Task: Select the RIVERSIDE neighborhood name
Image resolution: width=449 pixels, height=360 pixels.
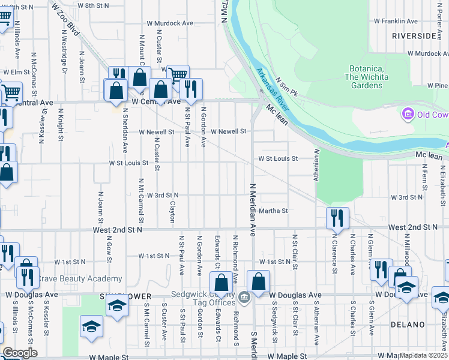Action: [x=414, y=36]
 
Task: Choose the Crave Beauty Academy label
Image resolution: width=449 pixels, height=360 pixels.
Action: [x=80, y=279]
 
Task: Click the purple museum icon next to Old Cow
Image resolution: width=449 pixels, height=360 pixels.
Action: [x=408, y=113]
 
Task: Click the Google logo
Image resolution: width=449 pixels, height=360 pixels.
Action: [x=20, y=353]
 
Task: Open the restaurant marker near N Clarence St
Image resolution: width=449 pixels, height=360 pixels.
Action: [x=337, y=218]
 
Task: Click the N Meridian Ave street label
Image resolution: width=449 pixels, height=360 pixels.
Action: [x=253, y=209]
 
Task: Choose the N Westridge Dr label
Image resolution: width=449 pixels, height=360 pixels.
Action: [x=64, y=54]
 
